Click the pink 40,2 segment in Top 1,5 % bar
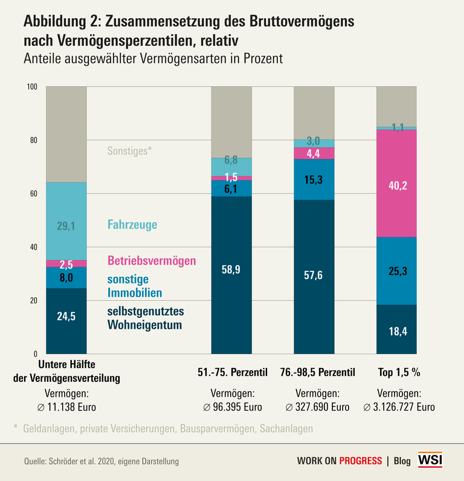(396, 186)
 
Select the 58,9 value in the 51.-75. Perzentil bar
(231, 271)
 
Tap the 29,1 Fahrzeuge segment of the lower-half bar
(66, 225)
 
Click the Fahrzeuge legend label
(132, 225)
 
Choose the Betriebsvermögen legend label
(152, 261)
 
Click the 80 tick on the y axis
(33, 140)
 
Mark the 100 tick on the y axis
(32, 87)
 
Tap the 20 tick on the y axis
(33, 300)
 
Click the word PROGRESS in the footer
(359, 461)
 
